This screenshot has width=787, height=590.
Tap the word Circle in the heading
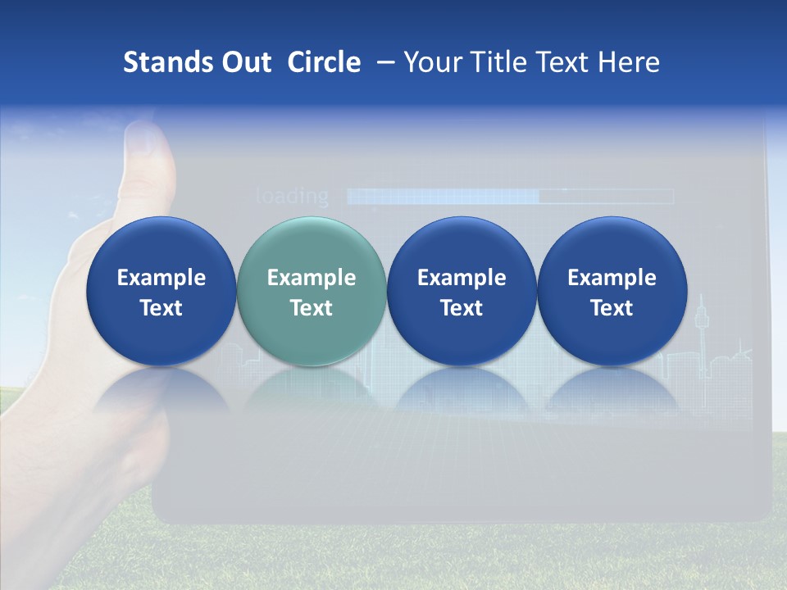tap(324, 62)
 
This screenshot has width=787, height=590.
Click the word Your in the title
tap(433, 62)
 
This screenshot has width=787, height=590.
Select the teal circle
tap(312, 291)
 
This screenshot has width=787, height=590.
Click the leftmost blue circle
tap(161, 291)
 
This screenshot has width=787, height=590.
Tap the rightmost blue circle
tap(612, 291)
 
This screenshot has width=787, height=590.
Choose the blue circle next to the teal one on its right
tap(462, 291)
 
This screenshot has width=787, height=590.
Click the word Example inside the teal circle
tap(312, 278)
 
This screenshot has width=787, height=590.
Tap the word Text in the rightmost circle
tap(612, 308)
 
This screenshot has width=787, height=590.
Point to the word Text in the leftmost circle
tap(161, 308)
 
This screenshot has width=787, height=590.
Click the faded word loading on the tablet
tap(292, 197)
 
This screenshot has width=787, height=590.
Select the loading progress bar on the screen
tap(509, 197)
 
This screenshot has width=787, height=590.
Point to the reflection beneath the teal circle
tap(312, 389)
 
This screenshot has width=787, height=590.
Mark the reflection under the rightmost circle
tap(612, 389)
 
